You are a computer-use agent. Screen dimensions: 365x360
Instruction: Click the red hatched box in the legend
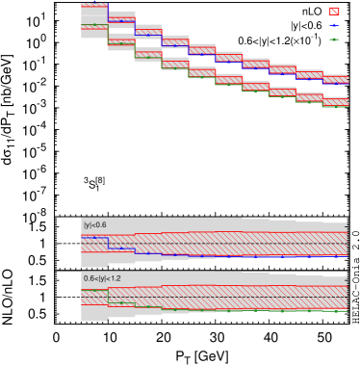click(334, 12)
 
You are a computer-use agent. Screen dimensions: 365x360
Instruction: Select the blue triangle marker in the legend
click(334, 25)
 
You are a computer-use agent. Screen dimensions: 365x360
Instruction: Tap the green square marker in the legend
click(334, 39)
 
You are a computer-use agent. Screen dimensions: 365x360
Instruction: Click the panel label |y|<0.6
click(95, 224)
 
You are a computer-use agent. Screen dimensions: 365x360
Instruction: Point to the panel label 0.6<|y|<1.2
click(102, 278)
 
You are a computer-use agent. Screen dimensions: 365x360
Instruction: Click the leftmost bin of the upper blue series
click(94, 7)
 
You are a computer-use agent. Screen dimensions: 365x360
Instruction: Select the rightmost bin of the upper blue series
click(335, 81)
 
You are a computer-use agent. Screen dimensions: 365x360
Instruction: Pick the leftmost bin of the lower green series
click(94, 26)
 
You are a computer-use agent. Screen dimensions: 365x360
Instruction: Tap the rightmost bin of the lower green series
click(335, 105)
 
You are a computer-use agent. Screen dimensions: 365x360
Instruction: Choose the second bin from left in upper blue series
click(121, 20)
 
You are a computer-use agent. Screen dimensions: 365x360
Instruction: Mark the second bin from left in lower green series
click(121, 42)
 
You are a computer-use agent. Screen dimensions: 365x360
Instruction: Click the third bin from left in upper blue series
click(148, 33)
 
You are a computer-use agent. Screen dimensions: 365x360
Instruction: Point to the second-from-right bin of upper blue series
click(309, 76)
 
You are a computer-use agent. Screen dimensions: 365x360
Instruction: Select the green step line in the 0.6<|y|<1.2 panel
click(241, 310)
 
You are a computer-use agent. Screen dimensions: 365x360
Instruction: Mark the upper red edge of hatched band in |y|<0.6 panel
click(241, 232)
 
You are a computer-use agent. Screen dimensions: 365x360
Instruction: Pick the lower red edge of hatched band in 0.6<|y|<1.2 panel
click(241, 309)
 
